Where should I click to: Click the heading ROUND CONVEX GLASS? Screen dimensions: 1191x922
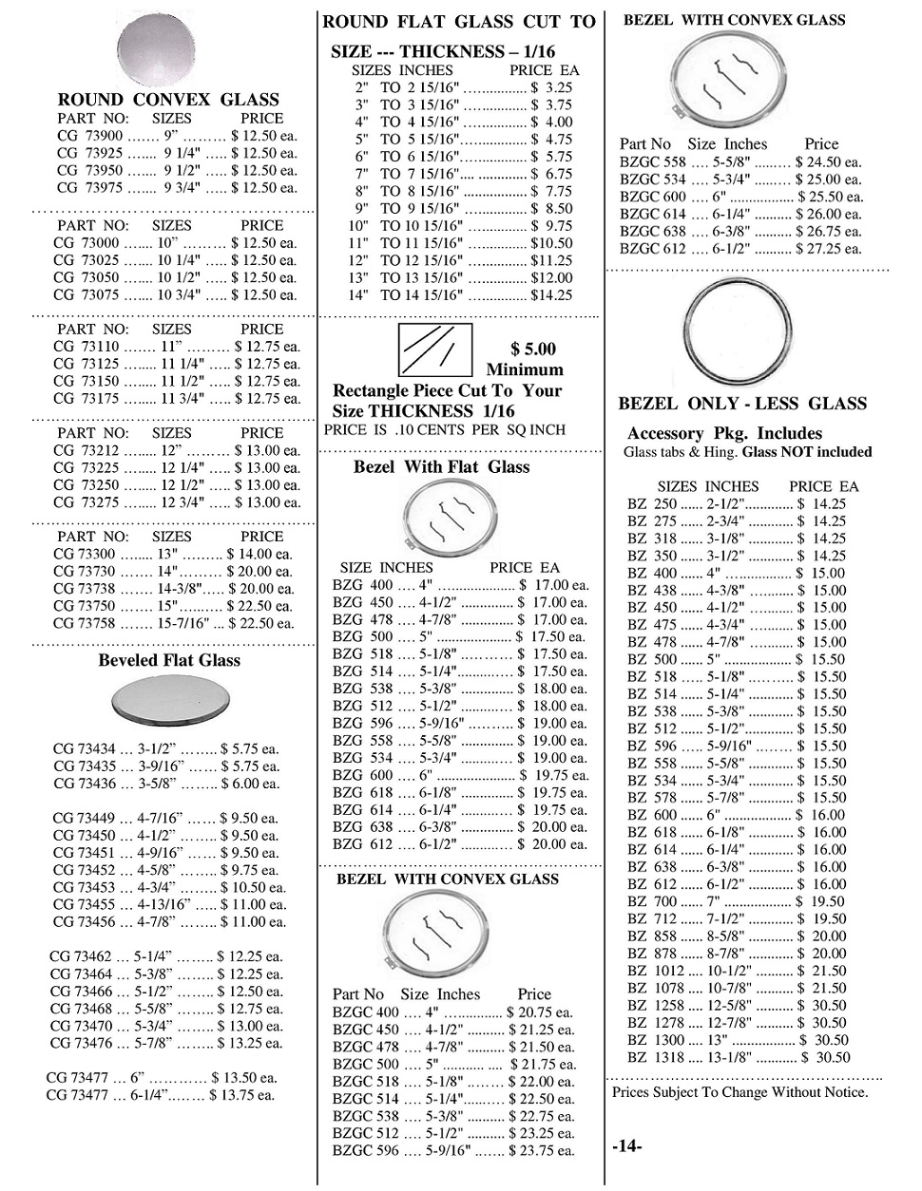point(168,100)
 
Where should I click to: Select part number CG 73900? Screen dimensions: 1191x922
point(86,137)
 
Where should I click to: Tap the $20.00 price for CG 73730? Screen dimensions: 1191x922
point(259,572)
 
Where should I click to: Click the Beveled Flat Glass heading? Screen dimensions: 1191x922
point(169,661)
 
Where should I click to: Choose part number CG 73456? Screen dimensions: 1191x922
point(88,922)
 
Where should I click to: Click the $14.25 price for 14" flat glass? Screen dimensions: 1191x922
point(551,295)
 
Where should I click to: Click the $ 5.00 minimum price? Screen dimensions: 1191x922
point(533,350)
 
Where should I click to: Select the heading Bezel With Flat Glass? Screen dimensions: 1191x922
point(441,467)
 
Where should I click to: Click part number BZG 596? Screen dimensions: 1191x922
point(362,724)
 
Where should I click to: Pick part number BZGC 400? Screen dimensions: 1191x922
point(366,1012)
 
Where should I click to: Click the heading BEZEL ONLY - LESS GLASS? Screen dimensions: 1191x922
point(742,404)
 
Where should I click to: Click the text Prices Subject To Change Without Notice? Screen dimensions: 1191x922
point(740,1092)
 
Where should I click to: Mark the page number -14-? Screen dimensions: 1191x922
point(627,1147)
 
